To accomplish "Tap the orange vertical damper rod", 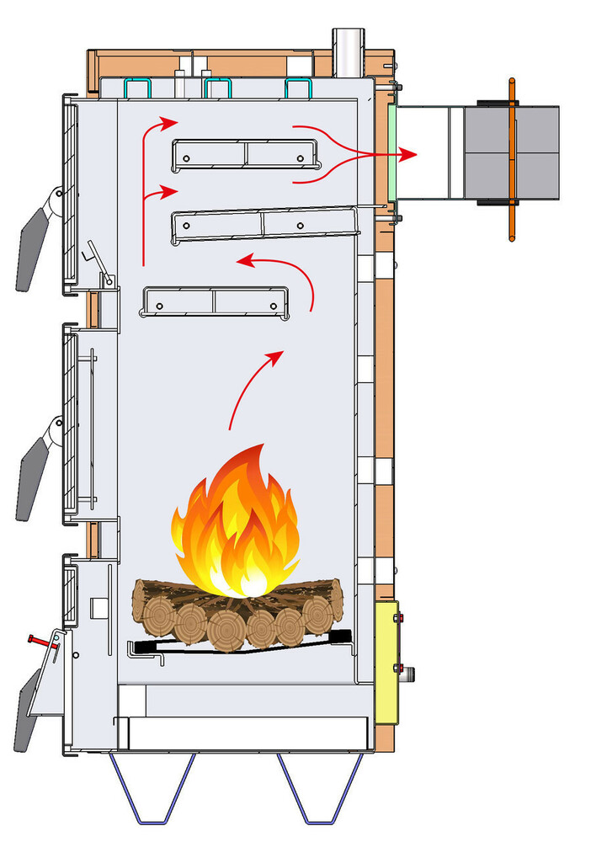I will [511, 160].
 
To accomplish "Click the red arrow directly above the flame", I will [253, 387].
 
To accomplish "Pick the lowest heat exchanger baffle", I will [214, 303].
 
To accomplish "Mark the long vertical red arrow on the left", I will [145, 194].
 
